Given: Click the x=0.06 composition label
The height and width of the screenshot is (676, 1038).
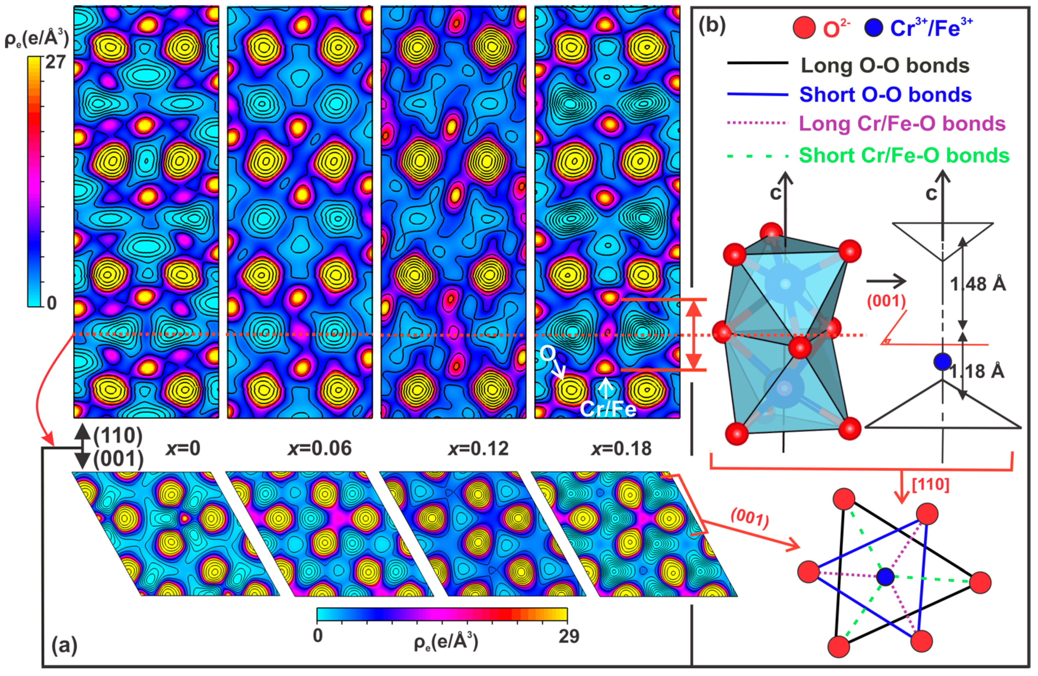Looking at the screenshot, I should (319, 449).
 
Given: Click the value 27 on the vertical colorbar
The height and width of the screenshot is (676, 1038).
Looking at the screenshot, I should (55, 62).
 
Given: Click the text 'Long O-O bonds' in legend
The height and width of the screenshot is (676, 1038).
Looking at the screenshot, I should (885, 66).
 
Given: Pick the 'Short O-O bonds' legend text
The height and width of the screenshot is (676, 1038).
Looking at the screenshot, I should (885, 95).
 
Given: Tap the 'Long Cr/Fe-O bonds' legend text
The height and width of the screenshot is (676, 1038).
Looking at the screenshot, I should (902, 124).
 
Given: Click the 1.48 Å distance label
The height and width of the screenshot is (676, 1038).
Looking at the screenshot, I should (978, 284).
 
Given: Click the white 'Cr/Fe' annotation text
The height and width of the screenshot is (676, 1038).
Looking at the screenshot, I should (608, 409).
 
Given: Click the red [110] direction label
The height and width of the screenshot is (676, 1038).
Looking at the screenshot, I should (930, 485).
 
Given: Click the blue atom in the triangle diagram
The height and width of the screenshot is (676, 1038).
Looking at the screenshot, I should (885, 577).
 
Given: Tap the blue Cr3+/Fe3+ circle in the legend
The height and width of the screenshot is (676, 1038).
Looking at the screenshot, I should (873, 28).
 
